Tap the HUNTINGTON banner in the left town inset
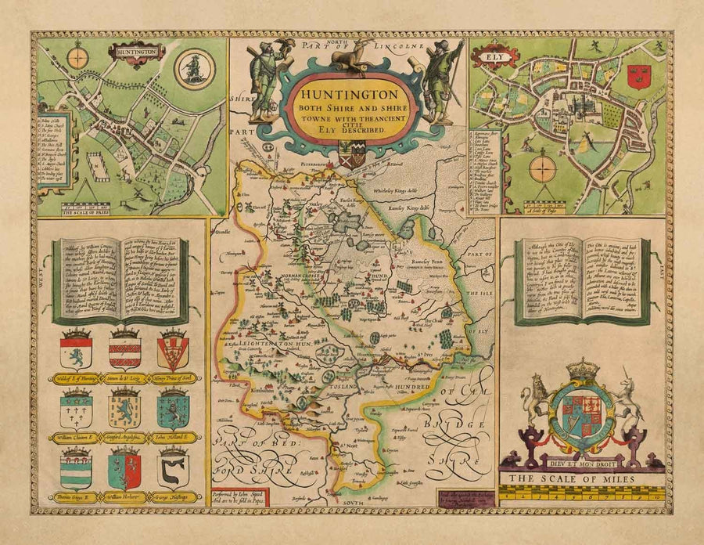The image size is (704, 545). [x=137, y=53]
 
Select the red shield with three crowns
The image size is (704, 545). [x=638, y=76]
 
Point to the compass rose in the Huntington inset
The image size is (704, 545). [x=77, y=57]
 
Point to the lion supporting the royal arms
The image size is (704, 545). [x=536, y=401]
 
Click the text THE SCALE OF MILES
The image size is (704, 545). [x=580, y=478]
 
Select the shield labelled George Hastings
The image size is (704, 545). [x=173, y=468]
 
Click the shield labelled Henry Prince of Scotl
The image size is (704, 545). [x=173, y=350]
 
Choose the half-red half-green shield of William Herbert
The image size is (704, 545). [x=124, y=470]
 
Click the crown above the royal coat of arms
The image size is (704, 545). [x=581, y=369]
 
